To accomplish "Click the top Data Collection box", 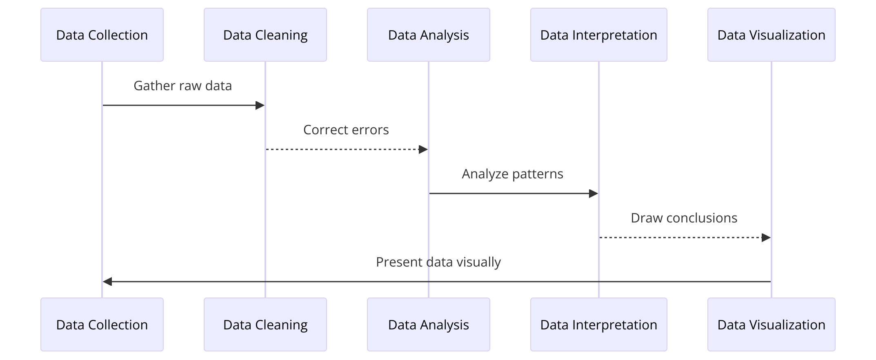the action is pos(102,35).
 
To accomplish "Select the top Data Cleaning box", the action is pos(265,35).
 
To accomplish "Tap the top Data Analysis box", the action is pos(429,35).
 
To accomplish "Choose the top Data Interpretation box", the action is pos(599,35).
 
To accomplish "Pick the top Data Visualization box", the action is pos(772,35).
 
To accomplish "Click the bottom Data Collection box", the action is pos(102,324).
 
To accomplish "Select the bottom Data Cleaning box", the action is pos(265,324).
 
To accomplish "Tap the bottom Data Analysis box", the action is pos(429,324).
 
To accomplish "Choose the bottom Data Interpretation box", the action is pos(599,324).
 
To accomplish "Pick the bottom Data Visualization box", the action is pos(772,324).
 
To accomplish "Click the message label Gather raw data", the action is pos(183,86).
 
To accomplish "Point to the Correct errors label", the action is pos(346,130).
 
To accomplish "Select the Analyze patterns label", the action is pos(513,174).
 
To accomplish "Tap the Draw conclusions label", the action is pos(684,218).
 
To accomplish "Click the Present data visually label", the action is pos(438,262).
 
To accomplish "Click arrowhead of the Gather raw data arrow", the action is pos(260,105).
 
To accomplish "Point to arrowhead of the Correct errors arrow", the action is pos(423,149).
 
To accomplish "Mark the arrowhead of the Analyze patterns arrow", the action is pos(594,193).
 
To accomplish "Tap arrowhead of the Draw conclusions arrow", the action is pos(766,238).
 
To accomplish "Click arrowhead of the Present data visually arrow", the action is pos(107,282).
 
